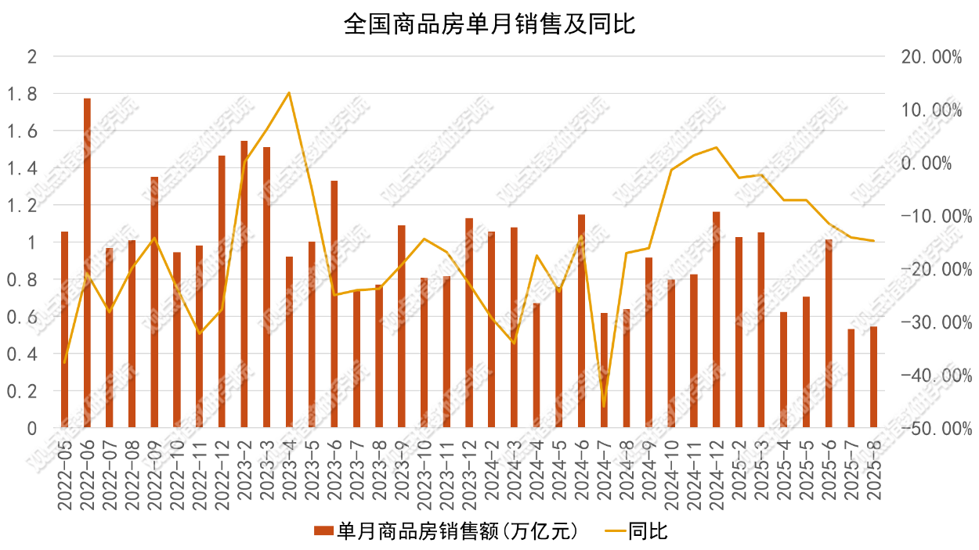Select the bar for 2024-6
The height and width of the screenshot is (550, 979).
tap(582, 321)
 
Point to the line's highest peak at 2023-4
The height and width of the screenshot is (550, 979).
tap(289, 92)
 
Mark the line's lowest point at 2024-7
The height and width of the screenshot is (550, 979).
tap(604, 407)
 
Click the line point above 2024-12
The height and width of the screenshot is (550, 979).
tap(717, 147)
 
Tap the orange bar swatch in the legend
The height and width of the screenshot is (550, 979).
tap(324, 530)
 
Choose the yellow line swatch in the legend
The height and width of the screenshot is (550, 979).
tap(616, 530)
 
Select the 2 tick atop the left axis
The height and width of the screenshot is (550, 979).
tap(32, 56)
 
